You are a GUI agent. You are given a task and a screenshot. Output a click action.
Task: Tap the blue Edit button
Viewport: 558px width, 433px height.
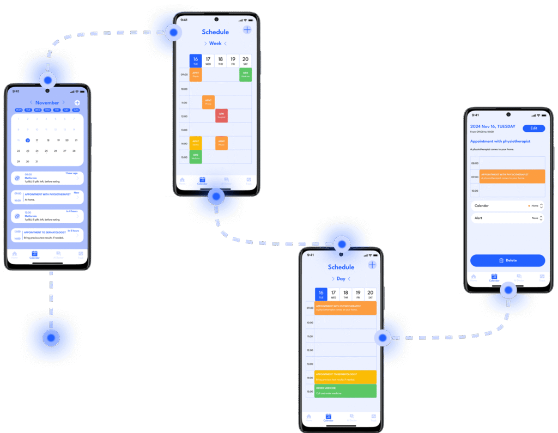tap(533, 128)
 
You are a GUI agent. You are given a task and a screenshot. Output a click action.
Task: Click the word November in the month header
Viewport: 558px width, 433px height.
tap(47, 102)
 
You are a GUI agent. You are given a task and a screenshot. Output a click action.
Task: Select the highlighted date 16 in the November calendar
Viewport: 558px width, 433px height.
tap(27, 140)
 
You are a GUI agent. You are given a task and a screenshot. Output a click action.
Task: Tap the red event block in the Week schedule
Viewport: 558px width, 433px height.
tap(221, 115)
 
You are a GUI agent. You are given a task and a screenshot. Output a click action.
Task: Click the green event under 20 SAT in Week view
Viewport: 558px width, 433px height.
tap(246, 75)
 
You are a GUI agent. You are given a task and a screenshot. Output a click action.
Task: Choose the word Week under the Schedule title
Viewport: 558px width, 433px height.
tap(215, 44)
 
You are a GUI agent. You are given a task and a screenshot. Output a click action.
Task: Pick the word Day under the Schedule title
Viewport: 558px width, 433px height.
tap(341, 279)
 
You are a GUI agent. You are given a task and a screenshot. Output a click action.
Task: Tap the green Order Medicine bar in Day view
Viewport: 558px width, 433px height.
tap(345, 391)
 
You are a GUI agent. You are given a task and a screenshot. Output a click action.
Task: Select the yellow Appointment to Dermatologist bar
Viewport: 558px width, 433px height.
tap(345, 377)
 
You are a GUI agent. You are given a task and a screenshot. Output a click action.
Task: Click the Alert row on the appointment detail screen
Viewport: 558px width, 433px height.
tap(507, 218)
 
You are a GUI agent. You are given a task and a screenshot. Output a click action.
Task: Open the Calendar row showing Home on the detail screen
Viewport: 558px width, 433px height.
tap(507, 206)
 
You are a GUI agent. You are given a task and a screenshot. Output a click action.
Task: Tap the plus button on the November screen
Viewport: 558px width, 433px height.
tap(77, 102)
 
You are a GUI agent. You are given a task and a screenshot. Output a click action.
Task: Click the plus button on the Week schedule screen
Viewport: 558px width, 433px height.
tap(247, 30)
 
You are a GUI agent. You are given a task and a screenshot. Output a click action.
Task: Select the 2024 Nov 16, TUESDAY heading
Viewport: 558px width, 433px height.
tap(493, 126)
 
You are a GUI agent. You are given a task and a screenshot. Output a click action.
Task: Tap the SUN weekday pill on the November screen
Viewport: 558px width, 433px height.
tap(76, 110)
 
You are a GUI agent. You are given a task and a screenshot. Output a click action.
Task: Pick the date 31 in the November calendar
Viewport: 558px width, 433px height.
tap(37, 161)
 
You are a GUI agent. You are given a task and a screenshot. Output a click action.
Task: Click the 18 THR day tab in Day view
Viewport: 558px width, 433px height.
tap(346, 294)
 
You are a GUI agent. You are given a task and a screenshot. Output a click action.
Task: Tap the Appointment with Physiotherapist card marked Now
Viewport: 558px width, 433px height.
tap(47, 196)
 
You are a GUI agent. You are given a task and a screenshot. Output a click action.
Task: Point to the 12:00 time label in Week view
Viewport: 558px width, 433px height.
tap(184, 116)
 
